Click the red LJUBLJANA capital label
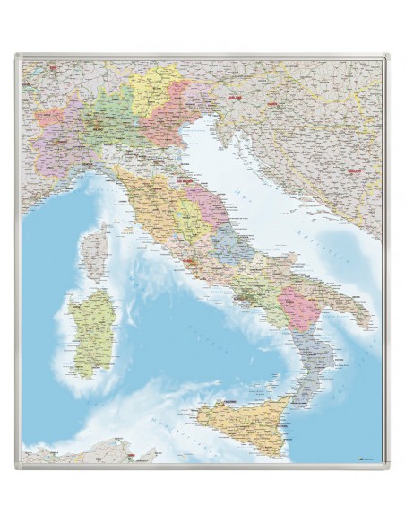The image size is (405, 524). [237, 92]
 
